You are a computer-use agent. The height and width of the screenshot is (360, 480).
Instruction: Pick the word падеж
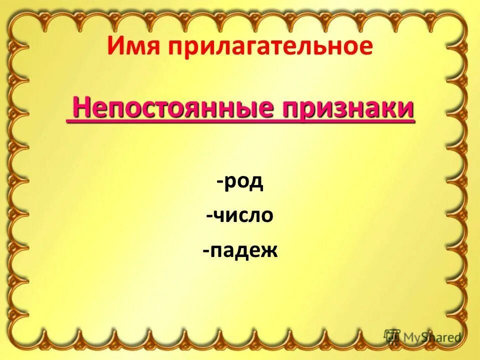click(x=243, y=249)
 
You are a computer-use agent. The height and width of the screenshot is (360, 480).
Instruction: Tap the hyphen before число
click(x=208, y=216)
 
